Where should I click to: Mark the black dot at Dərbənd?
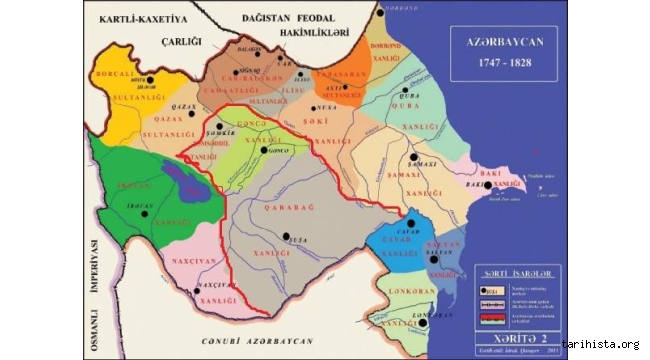380,13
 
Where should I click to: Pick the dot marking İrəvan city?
146,213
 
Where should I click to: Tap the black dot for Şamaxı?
413,158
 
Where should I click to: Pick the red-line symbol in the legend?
489,318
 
